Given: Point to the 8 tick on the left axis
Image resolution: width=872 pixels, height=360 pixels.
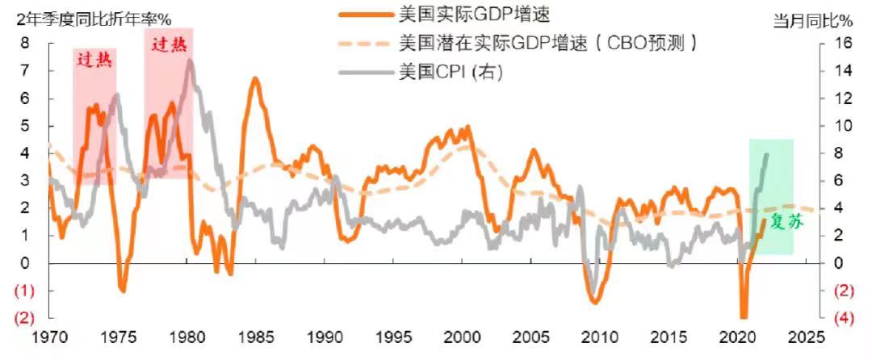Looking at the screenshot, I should pyautogui.click(x=27, y=44).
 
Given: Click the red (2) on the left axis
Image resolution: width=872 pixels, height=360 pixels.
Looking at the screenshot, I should pyautogui.click(x=25, y=318).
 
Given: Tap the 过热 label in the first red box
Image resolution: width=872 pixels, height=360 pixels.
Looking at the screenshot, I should pyautogui.click(x=94, y=59).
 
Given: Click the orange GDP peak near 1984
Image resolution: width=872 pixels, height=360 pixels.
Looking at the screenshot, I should pyautogui.click(x=254, y=78).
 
